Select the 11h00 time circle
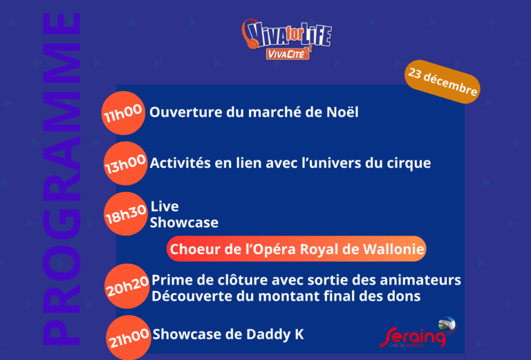pos(123,113)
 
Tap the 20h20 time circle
pos(127,285)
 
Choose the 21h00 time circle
pos(129,337)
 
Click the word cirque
pos(407,163)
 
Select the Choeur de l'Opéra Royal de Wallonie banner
pos(297,249)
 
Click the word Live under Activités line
pos(165,207)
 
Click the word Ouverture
pos(179,112)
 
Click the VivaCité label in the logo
pos(287,54)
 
